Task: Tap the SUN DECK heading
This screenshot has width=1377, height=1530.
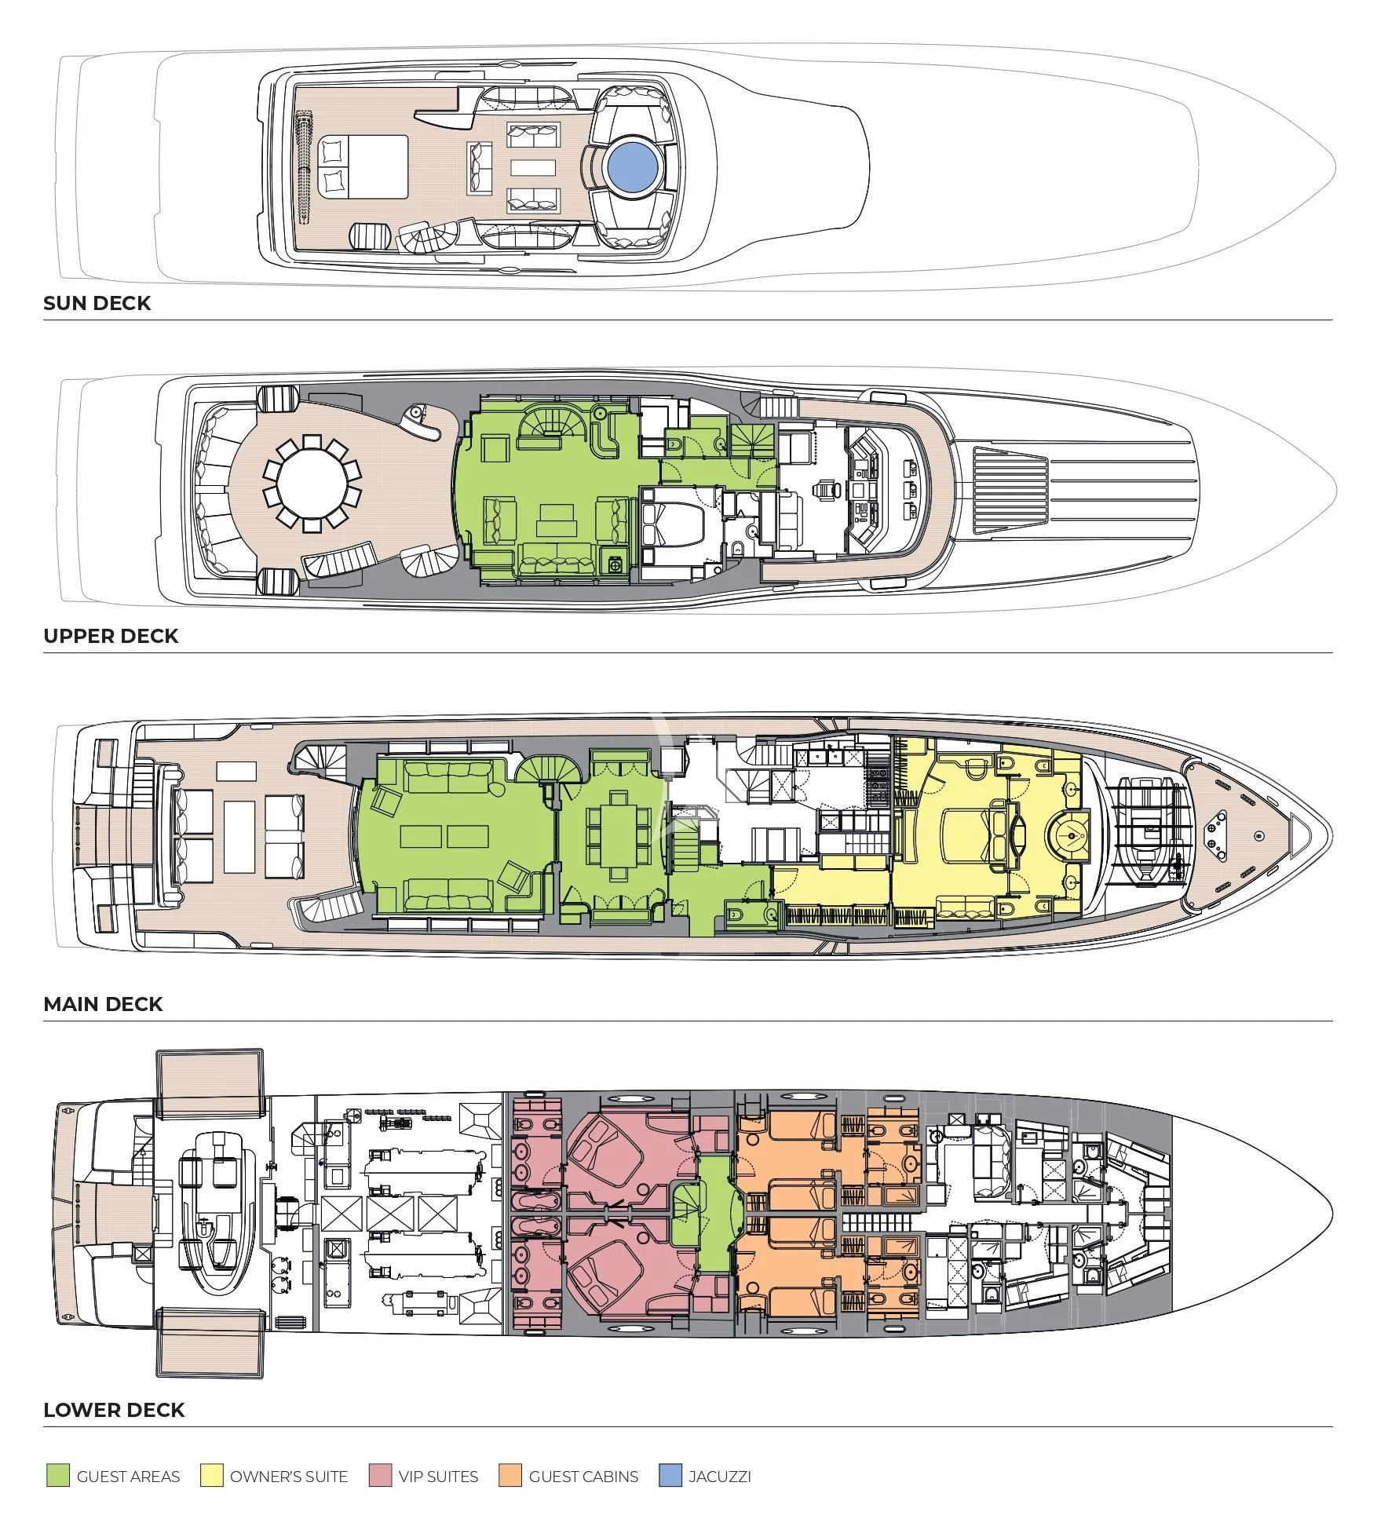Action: coord(97,304)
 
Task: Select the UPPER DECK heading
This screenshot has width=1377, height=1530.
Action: coord(111,636)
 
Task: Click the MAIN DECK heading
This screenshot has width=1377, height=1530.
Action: coord(103,1004)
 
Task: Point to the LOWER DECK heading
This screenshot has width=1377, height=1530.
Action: coord(114,1410)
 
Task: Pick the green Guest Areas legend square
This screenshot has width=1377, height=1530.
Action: coord(57,1476)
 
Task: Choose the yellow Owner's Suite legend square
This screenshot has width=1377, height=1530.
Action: coord(211,1476)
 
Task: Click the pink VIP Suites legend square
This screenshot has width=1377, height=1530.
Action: coord(380,1476)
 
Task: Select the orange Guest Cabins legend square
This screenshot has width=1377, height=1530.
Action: coord(510,1476)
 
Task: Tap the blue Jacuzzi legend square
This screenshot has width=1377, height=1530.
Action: coord(670,1476)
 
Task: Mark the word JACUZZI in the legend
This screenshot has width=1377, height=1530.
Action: coord(719,1476)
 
